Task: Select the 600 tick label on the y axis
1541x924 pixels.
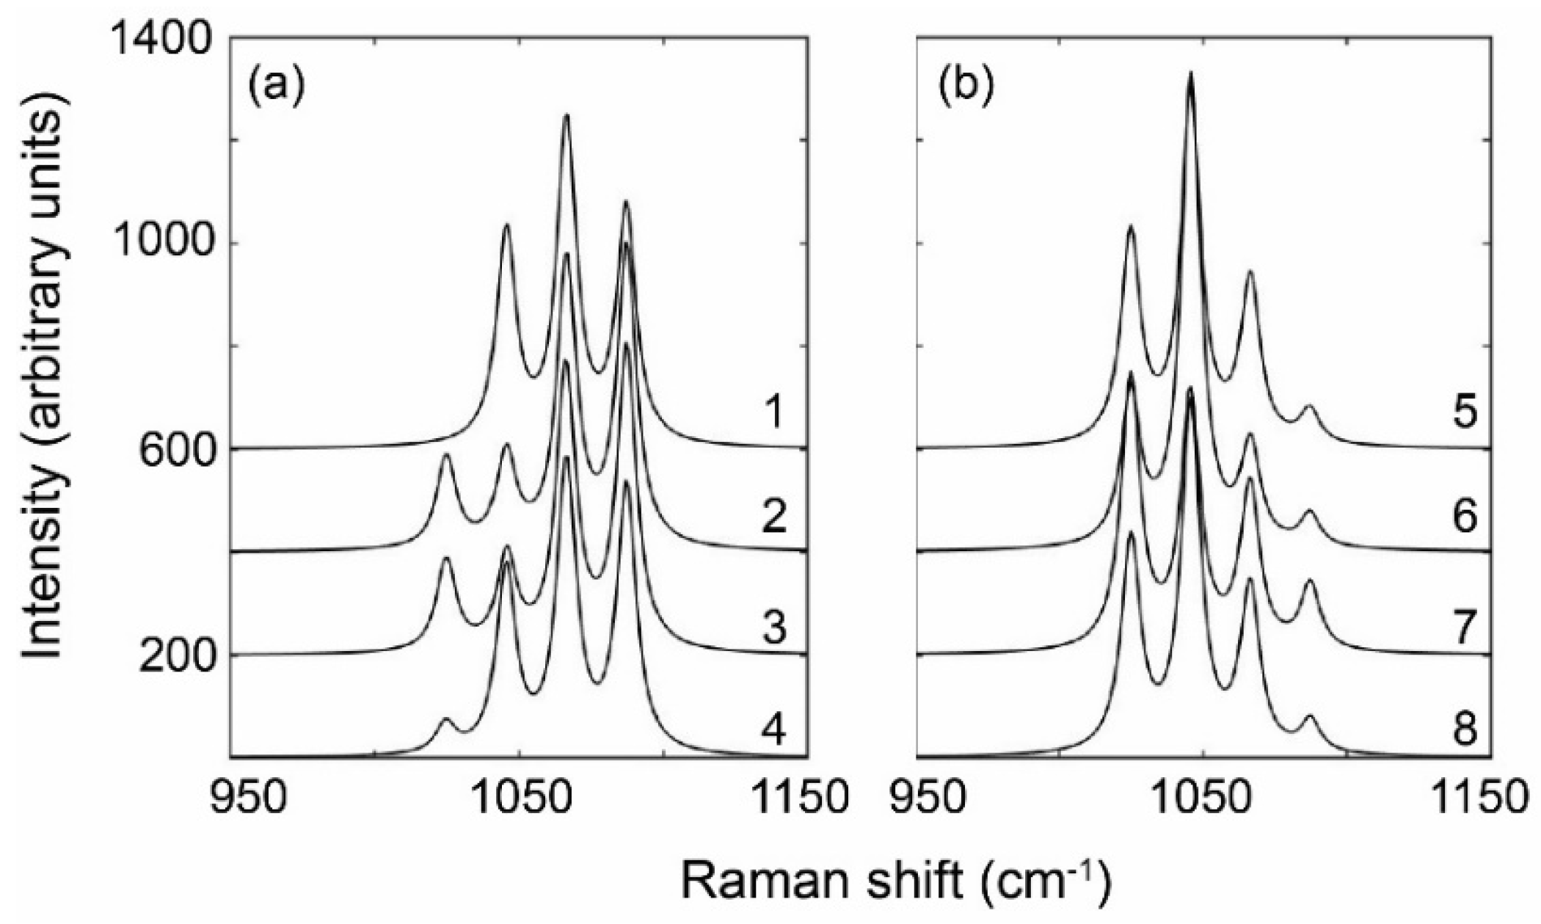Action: point(174,448)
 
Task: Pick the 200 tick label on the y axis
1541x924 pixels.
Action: point(174,654)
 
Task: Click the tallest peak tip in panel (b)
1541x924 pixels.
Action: point(1190,73)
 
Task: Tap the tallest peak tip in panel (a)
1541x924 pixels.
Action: point(566,115)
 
